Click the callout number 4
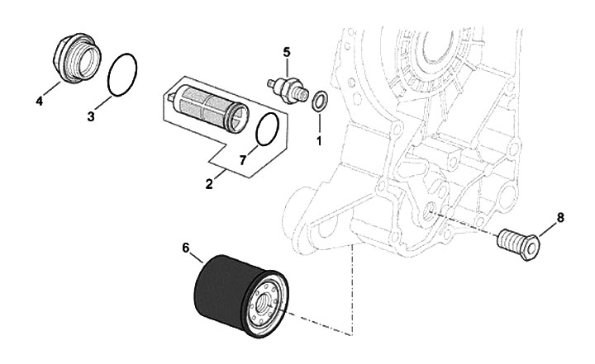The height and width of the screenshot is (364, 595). tap(39, 102)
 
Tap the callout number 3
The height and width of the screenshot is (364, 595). tap(92, 117)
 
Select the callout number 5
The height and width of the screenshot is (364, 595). tap(286, 53)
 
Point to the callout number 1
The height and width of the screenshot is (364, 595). tap(318, 141)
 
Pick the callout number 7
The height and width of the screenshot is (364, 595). tap(243, 160)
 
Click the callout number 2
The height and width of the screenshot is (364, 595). tap(209, 186)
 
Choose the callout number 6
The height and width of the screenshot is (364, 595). tap(185, 246)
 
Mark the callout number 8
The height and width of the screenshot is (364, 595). tap(560, 218)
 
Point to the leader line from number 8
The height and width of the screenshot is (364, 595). tap(548, 227)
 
